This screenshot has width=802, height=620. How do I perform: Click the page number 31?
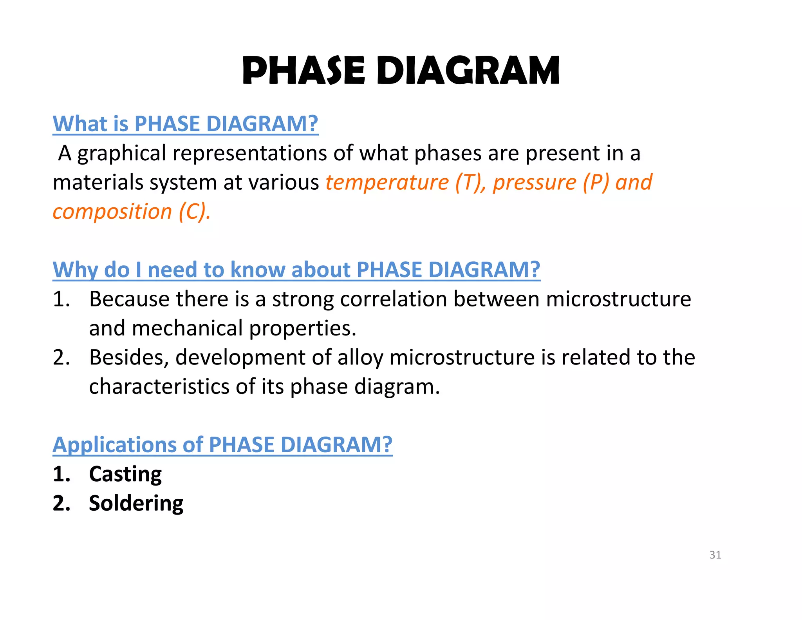[x=715, y=555]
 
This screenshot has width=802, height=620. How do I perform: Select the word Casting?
[x=125, y=474]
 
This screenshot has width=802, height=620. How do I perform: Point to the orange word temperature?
[x=387, y=183]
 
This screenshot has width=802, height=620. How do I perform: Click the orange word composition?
[x=112, y=212]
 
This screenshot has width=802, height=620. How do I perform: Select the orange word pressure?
[x=535, y=183]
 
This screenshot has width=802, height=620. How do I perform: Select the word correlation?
[x=394, y=299]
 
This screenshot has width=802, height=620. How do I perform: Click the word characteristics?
[x=159, y=387]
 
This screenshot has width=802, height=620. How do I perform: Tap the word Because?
[x=130, y=299]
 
